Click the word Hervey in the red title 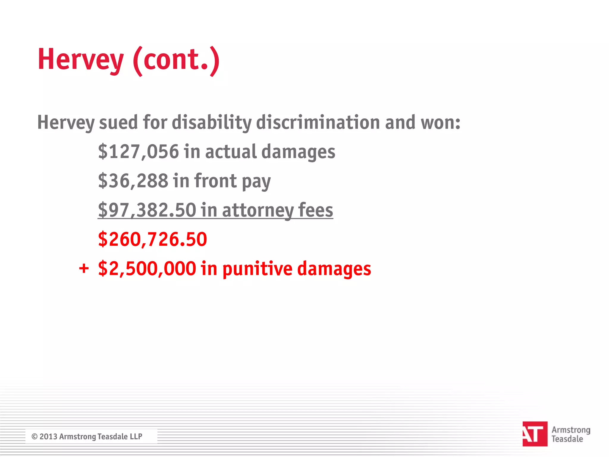[x=80, y=60]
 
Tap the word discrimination [x=318, y=122]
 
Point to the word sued [x=118, y=122]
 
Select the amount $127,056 [x=138, y=151]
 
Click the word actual [x=230, y=151]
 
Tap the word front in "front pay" [x=216, y=181]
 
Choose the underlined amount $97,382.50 [x=147, y=210]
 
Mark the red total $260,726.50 [x=152, y=239]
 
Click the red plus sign [x=84, y=268]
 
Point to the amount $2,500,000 [x=147, y=268]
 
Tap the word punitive [x=257, y=269]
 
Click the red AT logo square [x=535, y=433]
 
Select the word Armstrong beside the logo [x=571, y=430]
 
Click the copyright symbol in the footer [x=34, y=436]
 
